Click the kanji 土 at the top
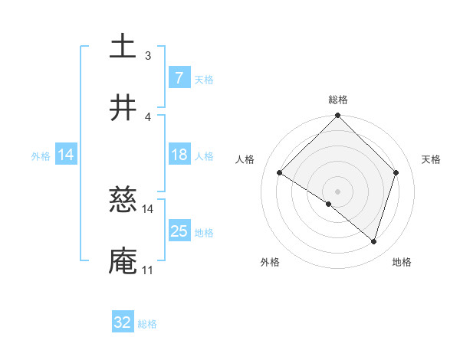coord(123,46)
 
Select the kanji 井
coord(123,107)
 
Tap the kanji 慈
coord(123,200)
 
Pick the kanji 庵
coord(123,260)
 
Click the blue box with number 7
coord(179,78)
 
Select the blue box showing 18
coord(179,155)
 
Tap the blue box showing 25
coord(179,231)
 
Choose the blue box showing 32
coord(123,322)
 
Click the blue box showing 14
coord(66,155)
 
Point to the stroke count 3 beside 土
coord(148,56)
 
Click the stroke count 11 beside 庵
coord(147,270)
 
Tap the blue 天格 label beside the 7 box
coord(204,79)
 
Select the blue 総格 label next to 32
coord(147,324)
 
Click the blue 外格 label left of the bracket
coord(41,155)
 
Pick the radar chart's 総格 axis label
coord(338,100)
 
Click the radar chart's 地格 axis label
coord(402,262)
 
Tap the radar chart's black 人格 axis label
coord(245,159)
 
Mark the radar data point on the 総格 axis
coord(338,116)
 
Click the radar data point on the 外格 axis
coord(329,205)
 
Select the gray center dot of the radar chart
coord(338,191)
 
